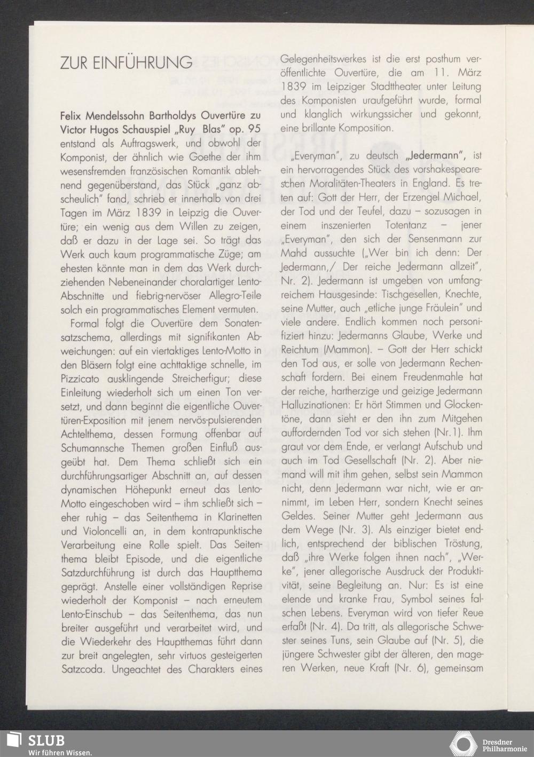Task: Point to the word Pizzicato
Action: [x=84, y=380]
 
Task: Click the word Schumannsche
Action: [x=92, y=449]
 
